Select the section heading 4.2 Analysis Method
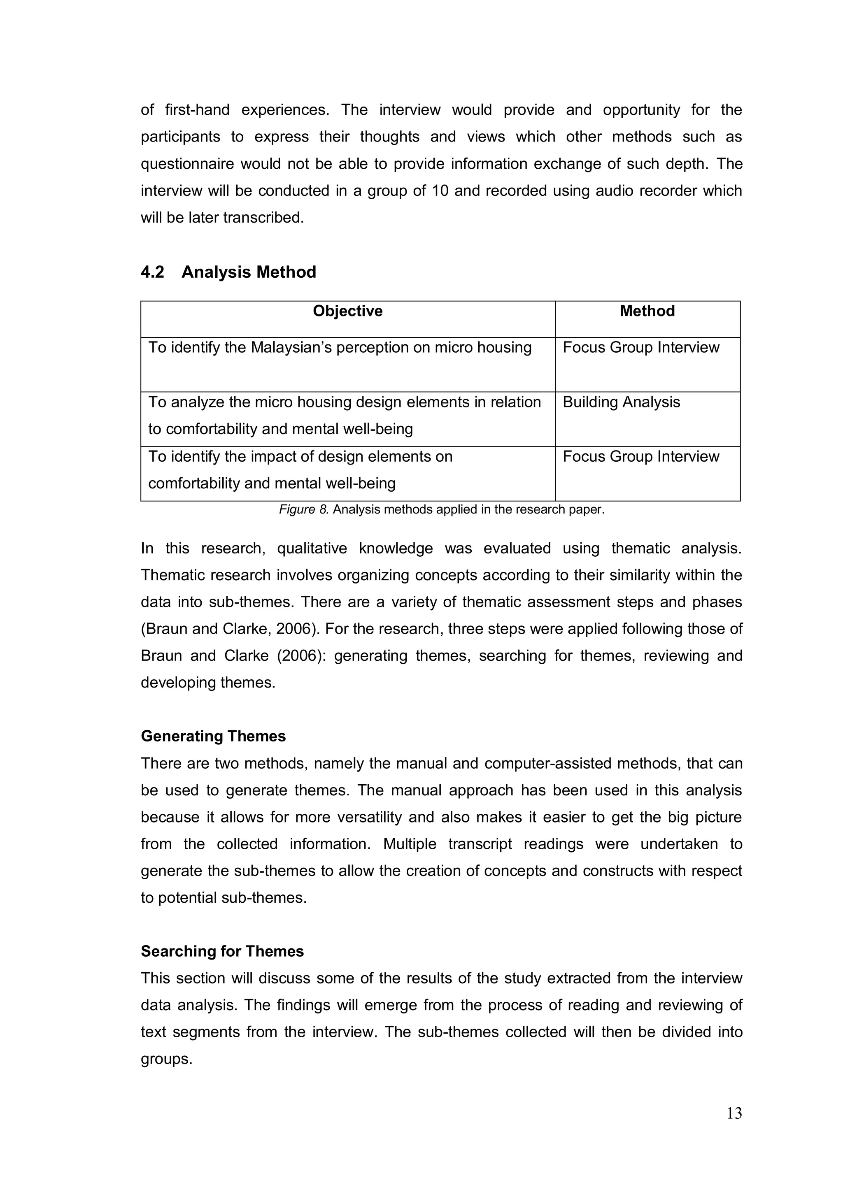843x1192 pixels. (x=228, y=272)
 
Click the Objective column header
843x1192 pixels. (x=347, y=311)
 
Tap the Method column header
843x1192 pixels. (x=647, y=311)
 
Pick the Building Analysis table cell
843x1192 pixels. (x=621, y=402)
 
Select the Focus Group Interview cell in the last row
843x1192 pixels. (x=641, y=457)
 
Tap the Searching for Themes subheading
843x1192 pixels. (x=222, y=951)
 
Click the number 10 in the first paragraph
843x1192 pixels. (x=440, y=191)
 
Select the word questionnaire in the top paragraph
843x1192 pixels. (x=185, y=164)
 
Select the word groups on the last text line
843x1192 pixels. (x=166, y=1059)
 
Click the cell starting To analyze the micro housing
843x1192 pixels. (x=345, y=415)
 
